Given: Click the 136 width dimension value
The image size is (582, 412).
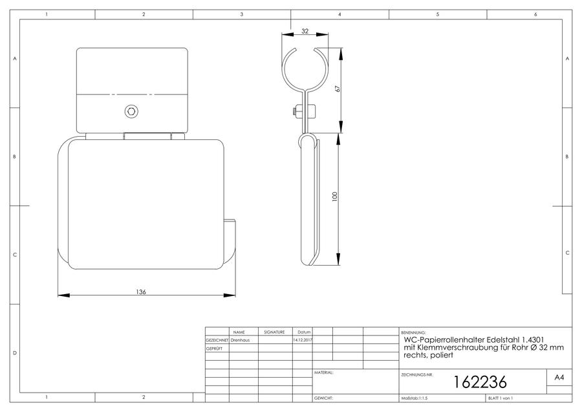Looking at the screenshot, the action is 141,292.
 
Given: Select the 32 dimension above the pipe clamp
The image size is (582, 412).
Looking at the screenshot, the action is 305,31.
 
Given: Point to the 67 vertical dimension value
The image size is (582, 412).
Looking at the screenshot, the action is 338,89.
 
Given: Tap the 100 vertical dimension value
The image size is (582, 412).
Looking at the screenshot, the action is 335,196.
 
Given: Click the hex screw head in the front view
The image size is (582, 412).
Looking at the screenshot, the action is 131,111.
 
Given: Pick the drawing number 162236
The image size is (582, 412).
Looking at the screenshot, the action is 480,382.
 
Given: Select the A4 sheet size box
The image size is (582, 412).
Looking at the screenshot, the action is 559,378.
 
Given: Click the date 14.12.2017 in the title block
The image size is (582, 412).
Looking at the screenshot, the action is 303,340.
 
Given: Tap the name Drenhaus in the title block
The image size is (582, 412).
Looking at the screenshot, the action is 240,340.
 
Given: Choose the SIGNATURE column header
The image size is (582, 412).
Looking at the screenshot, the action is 274,332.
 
